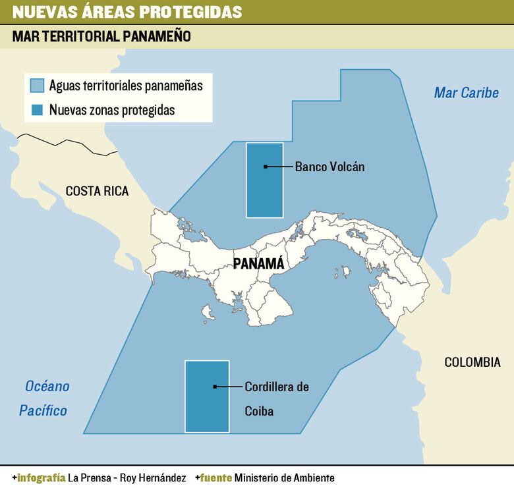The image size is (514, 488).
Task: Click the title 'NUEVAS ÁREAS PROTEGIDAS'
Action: pos(127,12)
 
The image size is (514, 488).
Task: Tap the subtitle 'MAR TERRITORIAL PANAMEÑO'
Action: pos(101,37)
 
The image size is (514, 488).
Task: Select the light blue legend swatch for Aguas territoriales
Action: pos(38,86)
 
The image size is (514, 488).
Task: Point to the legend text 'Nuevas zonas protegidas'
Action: pos(112,110)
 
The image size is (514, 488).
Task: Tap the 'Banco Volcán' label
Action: pos(329,167)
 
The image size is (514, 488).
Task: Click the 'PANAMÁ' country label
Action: pos(259,263)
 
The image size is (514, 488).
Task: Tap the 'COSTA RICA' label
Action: pos(97,192)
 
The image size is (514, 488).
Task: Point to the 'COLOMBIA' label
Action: pos(472,362)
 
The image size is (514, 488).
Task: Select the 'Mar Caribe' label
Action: pos(466,93)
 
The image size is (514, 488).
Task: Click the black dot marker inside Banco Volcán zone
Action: pos(265,167)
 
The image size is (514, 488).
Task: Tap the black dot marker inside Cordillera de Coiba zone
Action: pos(215,387)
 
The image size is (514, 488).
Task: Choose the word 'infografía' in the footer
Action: pos(42,477)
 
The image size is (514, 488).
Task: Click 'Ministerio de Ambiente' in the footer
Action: pos(284,477)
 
